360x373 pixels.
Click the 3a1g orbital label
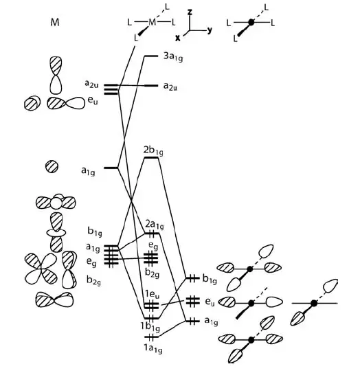click(173, 58)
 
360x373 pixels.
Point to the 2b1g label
click(153, 151)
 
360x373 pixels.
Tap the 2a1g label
click(155, 225)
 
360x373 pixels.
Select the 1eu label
click(153, 295)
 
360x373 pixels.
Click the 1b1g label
click(150, 327)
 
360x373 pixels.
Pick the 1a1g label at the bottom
click(153, 349)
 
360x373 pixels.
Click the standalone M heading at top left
click(55, 23)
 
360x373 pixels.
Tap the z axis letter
click(190, 12)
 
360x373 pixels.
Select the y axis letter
click(210, 30)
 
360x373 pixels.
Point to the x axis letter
click(178, 38)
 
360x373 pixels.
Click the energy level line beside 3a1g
click(151, 56)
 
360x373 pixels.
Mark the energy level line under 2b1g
click(151, 158)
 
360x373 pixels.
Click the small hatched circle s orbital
click(52, 166)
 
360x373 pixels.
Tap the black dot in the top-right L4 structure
click(251, 23)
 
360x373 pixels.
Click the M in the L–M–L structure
click(152, 23)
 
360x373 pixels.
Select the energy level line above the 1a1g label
click(151, 337)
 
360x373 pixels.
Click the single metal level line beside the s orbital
click(111, 168)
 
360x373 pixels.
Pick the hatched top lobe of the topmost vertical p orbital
click(56, 66)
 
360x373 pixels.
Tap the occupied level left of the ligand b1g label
click(192, 278)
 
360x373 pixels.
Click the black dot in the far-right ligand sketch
click(314, 303)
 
